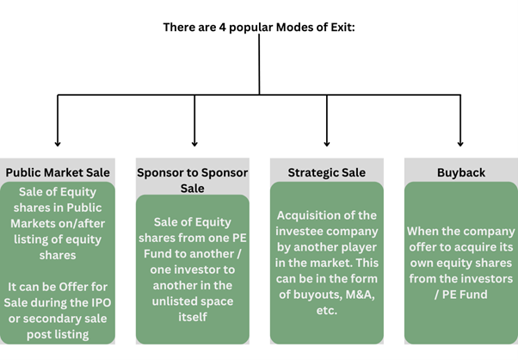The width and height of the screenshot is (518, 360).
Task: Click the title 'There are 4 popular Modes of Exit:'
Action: [x=259, y=27]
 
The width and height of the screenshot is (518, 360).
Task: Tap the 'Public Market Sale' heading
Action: [x=58, y=172]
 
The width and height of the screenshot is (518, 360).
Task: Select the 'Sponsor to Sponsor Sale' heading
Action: [x=192, y=179]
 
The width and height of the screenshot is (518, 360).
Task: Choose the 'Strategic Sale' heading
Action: [x=326, y=172]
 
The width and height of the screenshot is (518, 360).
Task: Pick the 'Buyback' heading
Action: [x=460, y=172]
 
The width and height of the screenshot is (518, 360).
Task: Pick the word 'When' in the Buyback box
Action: [x=427, y=231]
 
